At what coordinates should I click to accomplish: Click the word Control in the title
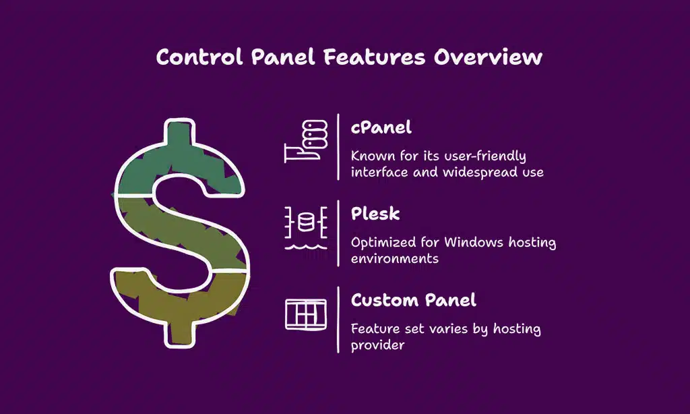click(199, 57)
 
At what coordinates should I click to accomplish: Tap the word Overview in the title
click(488, 57)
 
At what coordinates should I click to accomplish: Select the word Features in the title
click(375, 57)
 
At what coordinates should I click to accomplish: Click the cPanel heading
click(381, 127)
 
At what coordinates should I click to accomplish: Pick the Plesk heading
click(375, 214)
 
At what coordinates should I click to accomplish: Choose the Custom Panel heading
click(414, 300)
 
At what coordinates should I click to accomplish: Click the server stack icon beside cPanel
click(306, 141)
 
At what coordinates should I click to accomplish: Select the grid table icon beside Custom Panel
click(306, 314)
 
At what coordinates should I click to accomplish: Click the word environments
click(395, 258)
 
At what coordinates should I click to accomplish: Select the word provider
click(377, 345)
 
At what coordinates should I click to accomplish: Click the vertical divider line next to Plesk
click(338, 233)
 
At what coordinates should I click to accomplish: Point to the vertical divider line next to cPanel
click(338, 147)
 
